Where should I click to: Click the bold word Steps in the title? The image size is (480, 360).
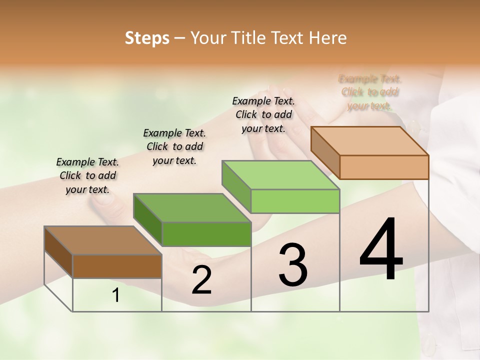[x=147, y=38]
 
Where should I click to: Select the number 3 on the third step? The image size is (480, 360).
[x=293, y=264]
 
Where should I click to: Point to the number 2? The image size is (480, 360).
[x=201, y=280]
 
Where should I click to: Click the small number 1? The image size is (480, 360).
[x=116, y=295]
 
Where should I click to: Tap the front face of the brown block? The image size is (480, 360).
[x=117, y=266]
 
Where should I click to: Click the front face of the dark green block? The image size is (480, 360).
[x=206, y=234]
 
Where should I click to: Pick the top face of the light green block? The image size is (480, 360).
[x=280, y=175]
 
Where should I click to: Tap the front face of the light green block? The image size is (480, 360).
[x=295, y=201]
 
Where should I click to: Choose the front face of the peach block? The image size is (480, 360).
[x=384, y=167]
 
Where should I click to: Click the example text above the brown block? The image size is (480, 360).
[x=87, y=175]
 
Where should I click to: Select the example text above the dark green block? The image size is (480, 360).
[x=174, y=146]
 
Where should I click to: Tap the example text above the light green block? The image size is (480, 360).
[x=263, y=114]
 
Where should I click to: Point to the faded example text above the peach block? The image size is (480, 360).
[x=370, y=92]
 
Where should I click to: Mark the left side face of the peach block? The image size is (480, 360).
[x=325, y=152]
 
